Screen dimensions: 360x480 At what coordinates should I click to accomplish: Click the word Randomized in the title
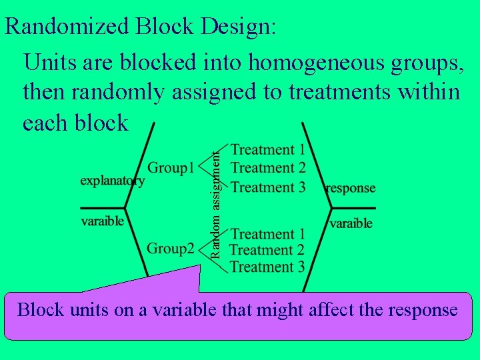point(67,27)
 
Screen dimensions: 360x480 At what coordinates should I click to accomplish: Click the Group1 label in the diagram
point(170,167)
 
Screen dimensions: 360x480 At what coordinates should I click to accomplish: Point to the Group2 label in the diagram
point(170,249)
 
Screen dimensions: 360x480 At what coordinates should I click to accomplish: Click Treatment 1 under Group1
point(268,150)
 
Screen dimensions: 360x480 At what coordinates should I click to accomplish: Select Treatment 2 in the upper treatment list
point(268,168)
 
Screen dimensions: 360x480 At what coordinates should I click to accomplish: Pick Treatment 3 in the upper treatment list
point(268,187)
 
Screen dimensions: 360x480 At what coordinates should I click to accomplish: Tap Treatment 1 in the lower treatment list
point(268,234)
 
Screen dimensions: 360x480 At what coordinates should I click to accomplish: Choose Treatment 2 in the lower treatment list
point(268,251)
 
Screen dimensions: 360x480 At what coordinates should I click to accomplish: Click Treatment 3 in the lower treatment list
point(268,267)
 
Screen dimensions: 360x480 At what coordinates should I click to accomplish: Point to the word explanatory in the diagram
point(112,181)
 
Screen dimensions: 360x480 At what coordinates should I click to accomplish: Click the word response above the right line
point(351,188)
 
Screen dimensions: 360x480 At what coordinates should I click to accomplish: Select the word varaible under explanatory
point(103,221)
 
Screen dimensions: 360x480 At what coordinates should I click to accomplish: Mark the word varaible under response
point(351,223)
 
